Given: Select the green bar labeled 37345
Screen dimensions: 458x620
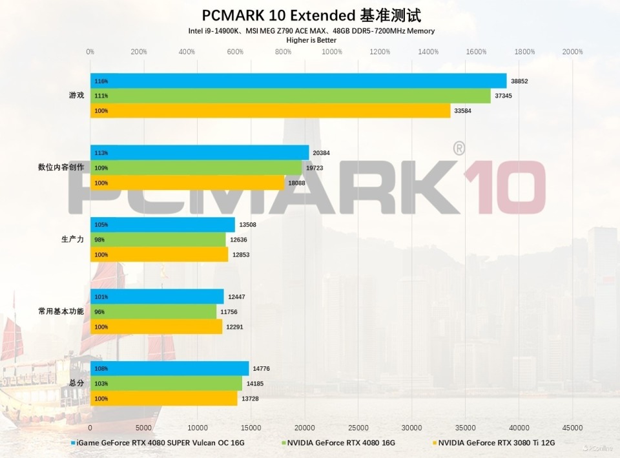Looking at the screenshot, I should point(291,96).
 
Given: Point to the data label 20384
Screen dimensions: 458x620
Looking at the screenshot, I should point(322,153).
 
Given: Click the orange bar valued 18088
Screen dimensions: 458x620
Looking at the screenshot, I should point(187,183).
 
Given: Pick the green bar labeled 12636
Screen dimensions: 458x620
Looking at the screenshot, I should point(158,240).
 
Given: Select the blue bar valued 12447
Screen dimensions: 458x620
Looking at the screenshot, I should point(157,297).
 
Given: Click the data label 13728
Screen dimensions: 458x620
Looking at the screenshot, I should point(251,399).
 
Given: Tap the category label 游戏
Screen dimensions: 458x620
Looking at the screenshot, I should point(76,96).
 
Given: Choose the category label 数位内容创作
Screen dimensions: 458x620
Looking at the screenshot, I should point(61,168).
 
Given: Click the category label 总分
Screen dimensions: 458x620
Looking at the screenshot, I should point(76,384).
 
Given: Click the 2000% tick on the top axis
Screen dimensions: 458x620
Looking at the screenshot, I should point(572,52).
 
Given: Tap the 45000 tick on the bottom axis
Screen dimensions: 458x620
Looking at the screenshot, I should point(572,428).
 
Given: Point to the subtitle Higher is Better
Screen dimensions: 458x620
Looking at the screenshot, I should point(311,40).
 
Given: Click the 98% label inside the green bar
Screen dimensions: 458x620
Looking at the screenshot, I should point(99,240).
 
